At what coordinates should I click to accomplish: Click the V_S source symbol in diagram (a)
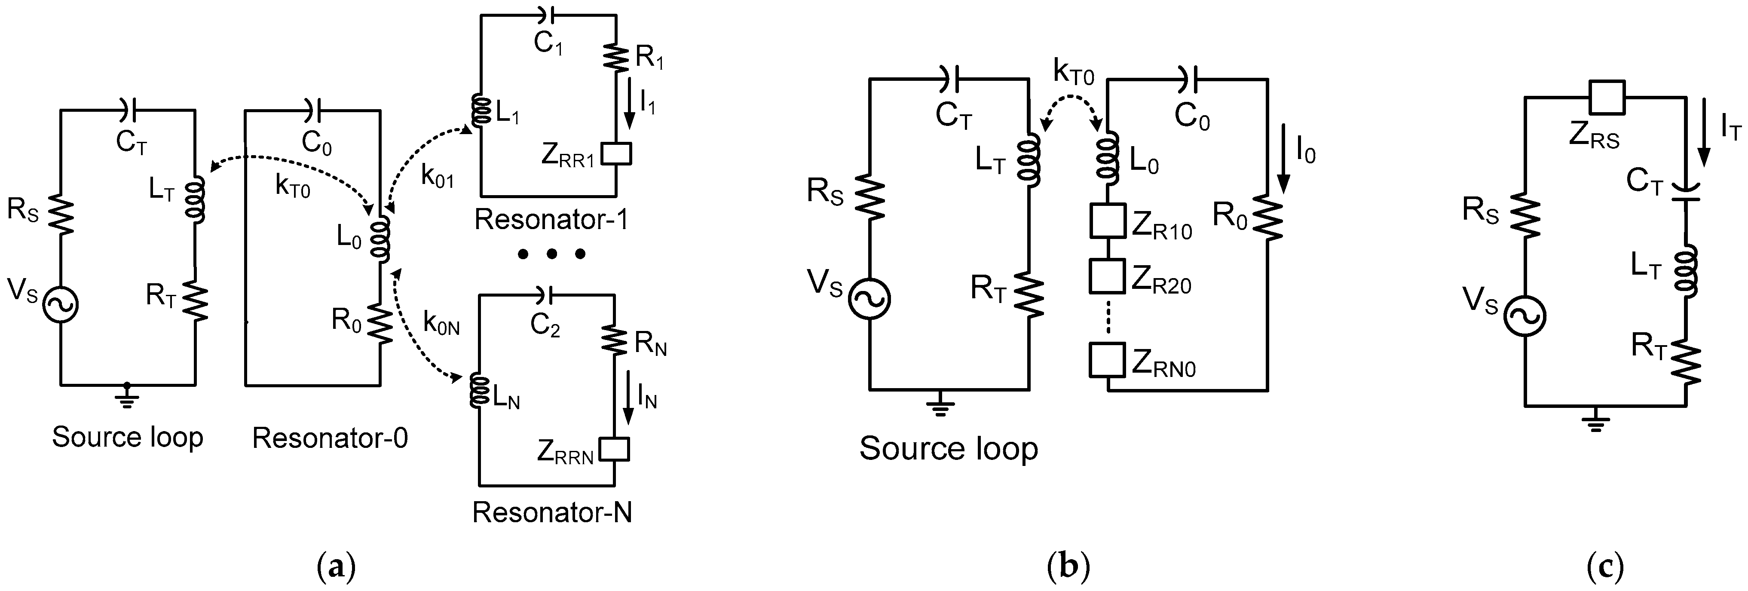point(61,305)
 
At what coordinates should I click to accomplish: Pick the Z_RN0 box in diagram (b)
point(1108,360)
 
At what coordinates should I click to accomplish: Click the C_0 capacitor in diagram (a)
point(312,109)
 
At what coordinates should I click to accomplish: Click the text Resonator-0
point(330,438)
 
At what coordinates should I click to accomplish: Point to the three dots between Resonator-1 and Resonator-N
point(551,254)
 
